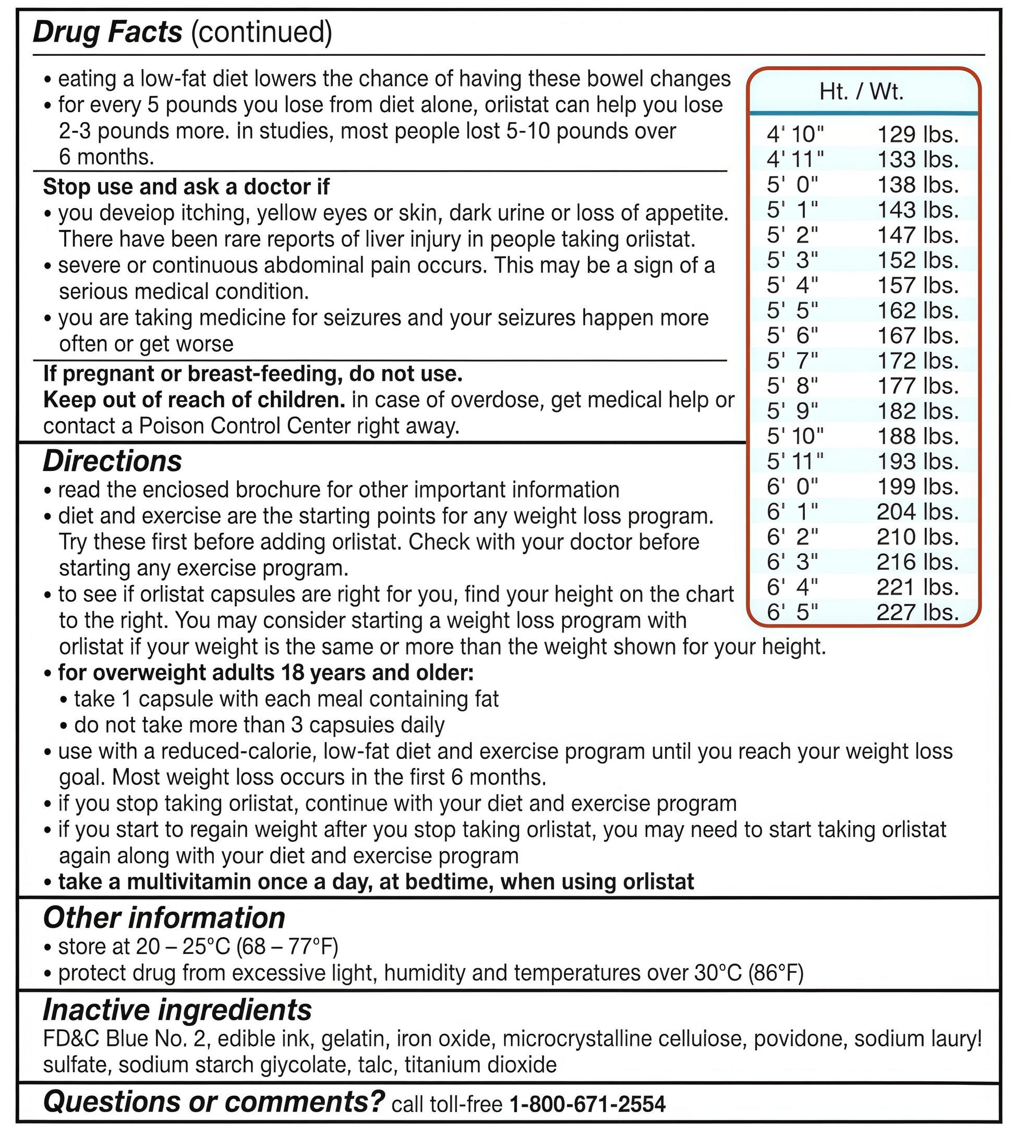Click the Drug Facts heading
pyautogui.click(x=107, y=32)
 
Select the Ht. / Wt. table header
pyautogui.click(x=861, y=92)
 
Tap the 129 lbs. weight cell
pyautogui.click(x=917, y=135)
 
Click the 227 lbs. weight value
pyautogui.click(x=917, y=612)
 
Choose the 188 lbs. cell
pyautogui.click(x=917, y=436)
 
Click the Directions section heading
pyautogui.click(x=113, y=461)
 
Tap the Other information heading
pyautogui.click(x=164, y=918)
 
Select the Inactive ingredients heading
pyautogui.click(x=177, y=1009)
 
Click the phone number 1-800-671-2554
pyautogui.click(x=588, y=1104)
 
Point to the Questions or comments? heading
pyautogui.click(x=214, y=1102)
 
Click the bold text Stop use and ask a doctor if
pyautogui.click(x=186, y=187)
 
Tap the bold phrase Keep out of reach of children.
pyautogui.click(x=194, y=400)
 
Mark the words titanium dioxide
pyautogui.click(x=481, y=1065)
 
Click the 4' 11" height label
pyautogui.click(x=795, y=160)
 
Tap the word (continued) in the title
pyautogui.click(x=261, y=32)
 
